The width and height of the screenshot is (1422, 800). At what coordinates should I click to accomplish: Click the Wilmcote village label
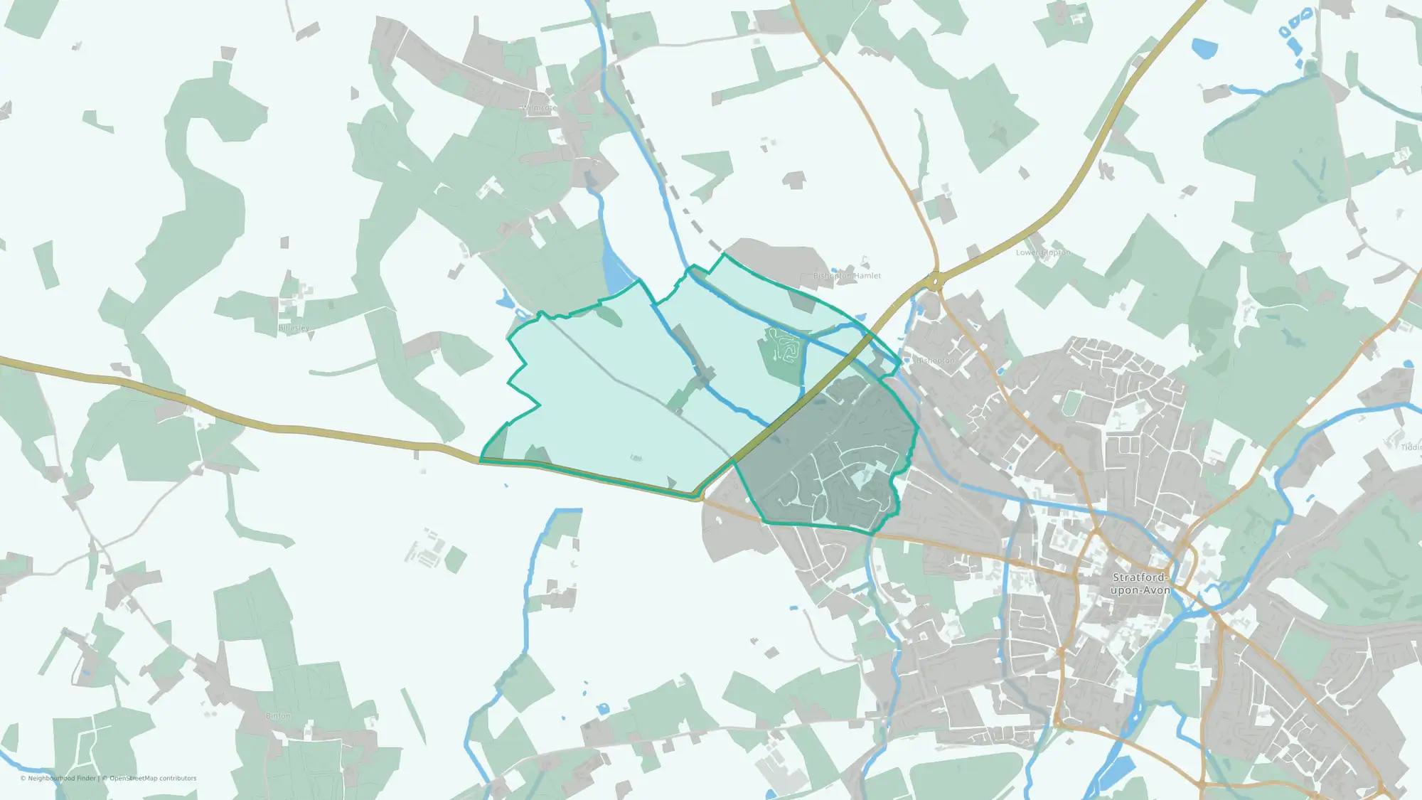coord(540,108)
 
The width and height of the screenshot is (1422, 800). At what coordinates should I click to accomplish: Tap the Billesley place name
coord(294,328)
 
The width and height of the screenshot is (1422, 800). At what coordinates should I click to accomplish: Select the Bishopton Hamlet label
coord(847,275)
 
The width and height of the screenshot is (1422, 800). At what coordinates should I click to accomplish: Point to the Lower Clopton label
coord(1042,252)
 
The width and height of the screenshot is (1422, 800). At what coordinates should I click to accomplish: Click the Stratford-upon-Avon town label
coord(1140,584)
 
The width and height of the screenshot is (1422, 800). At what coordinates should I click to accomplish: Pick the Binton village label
coord(278,715)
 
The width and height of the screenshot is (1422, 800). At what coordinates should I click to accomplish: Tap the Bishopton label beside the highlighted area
coord(936,361)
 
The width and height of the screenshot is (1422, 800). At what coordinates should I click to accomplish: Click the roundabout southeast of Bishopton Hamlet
coord(935,282)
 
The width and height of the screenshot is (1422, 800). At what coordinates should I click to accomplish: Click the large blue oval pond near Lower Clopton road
coord(1204,48)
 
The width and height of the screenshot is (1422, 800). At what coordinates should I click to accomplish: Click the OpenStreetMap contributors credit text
coord(153,778)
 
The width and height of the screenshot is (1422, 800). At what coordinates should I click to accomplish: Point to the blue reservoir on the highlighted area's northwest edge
coord(616,274)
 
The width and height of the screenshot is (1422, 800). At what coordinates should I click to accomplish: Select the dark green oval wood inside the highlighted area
coord(609,315)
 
